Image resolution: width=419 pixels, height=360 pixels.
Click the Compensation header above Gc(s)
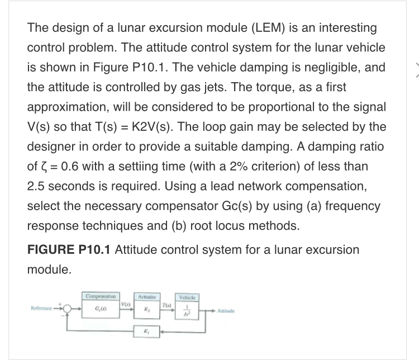pyautogui.click(x=101, y=295)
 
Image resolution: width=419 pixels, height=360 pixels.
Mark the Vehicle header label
pyautogui.click(x=188, y=295)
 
